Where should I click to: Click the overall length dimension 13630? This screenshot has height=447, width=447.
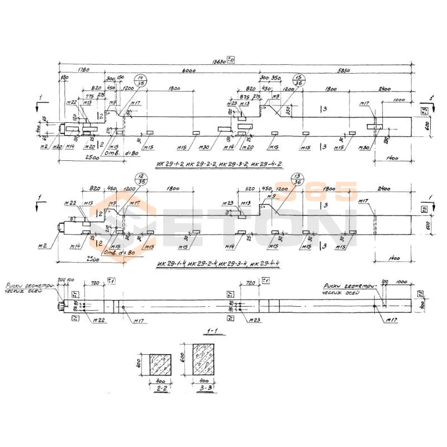tap(221, 62)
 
